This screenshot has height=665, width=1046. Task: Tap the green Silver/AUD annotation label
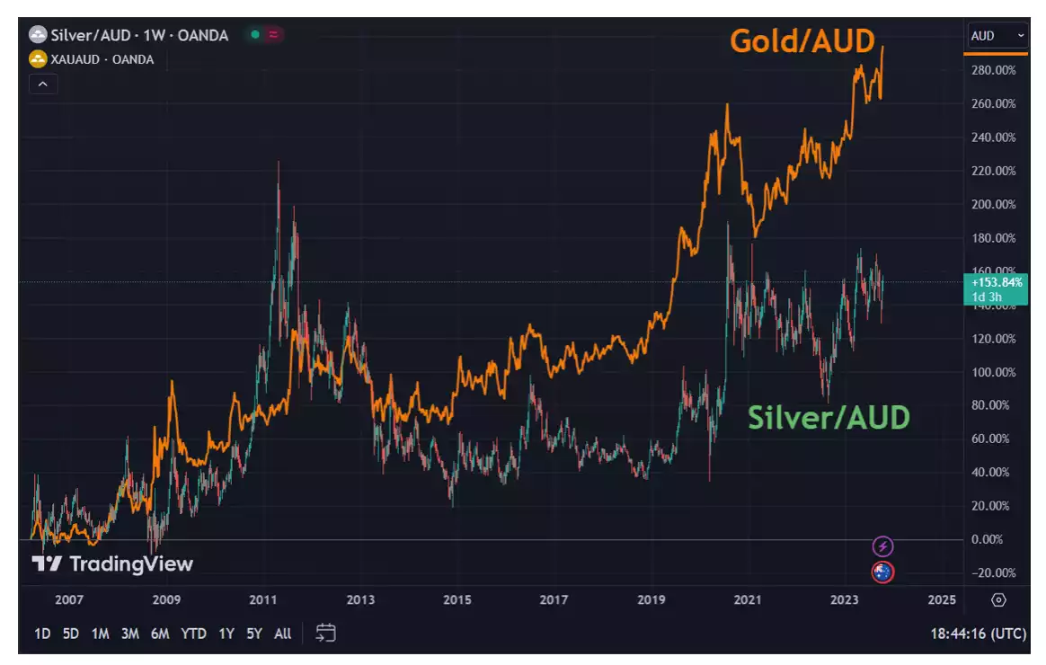coord(829,417)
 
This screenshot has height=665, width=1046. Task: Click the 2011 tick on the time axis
coord(262,599)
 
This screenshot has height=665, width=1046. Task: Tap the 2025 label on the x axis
coord(941,599)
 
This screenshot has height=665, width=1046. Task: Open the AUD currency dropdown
coord(997,36)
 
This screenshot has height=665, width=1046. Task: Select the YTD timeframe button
coord(193,634)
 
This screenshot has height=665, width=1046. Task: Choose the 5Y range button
coord(254,634)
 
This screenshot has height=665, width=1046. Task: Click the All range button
coord(282,634)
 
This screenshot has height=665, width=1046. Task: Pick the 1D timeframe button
coord(42,634)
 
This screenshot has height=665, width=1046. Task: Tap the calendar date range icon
coord(325,634)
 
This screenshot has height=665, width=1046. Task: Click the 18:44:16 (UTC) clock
coord(978,634)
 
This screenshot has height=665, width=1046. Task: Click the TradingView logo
coord(112,564)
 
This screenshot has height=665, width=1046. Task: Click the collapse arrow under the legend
coord(43,84)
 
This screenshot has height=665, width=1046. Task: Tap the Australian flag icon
coord(882,572)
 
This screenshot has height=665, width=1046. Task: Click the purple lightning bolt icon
coord(882,545)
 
